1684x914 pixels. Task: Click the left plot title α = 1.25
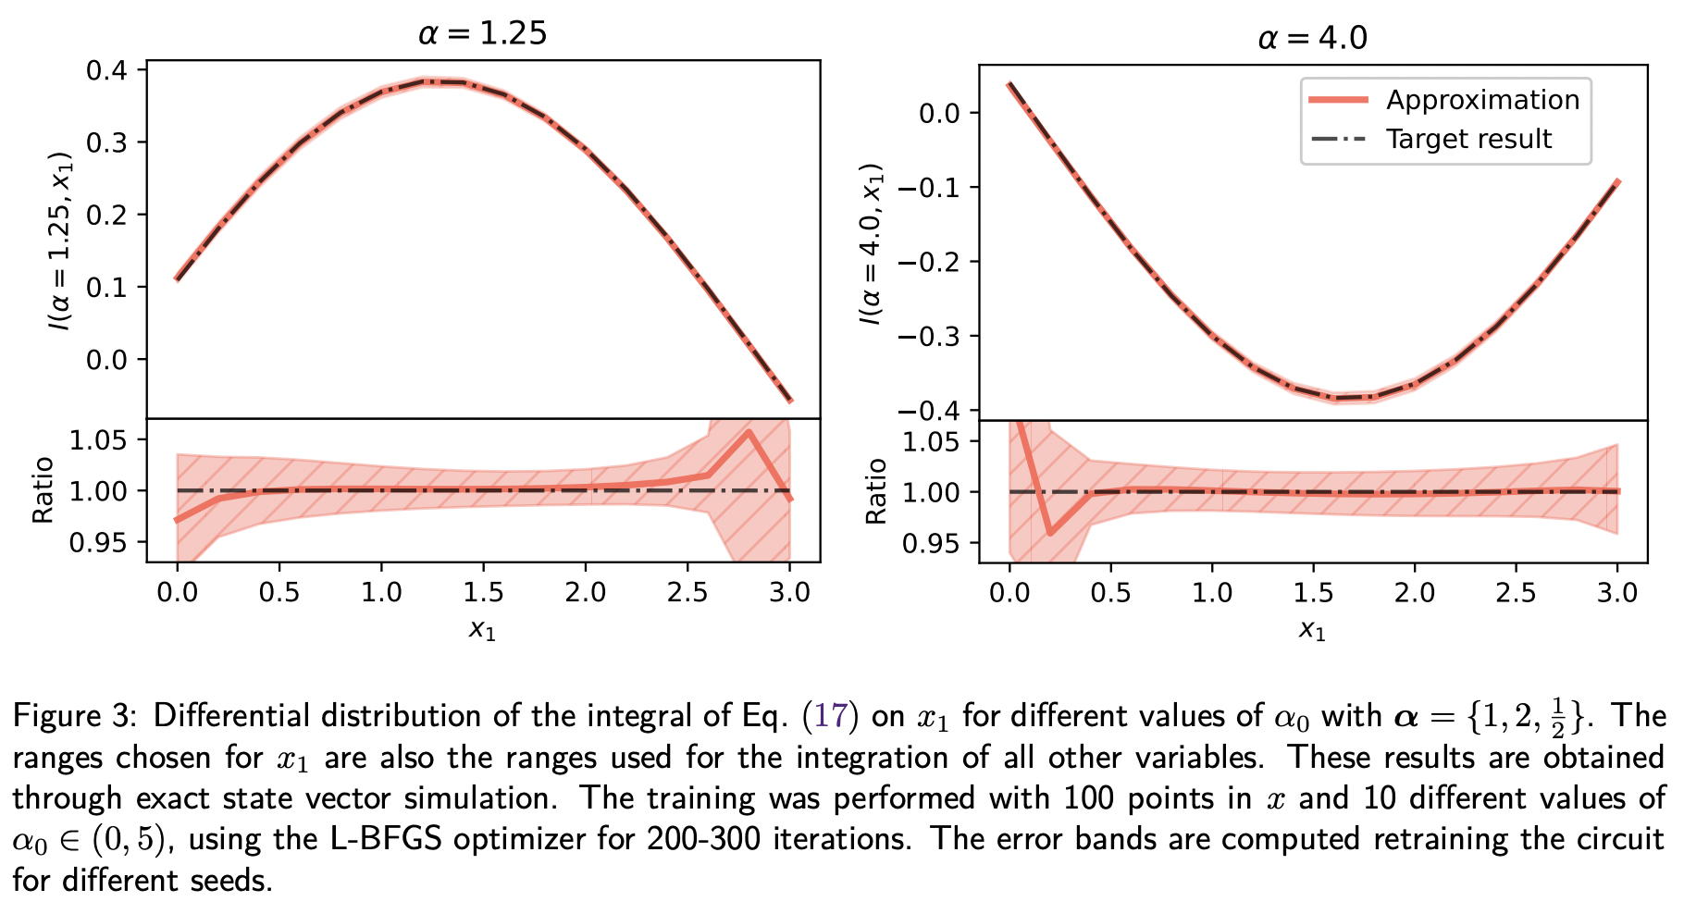click(x=482, y=34)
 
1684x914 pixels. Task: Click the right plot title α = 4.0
click(x=1312, y=38)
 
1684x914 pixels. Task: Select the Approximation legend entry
click(x=1482, y=100)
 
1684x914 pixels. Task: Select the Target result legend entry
click(x=1468, y=140)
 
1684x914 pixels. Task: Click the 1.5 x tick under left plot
click(x=483, y=592)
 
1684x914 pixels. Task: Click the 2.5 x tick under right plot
click(x=1516, y=593)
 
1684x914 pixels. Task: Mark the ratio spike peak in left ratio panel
click(x=748, y=431)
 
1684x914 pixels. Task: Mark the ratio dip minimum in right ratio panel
click(x=1050, y=533)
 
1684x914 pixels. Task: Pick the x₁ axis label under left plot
click(x=482, y=631)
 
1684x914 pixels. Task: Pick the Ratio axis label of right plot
click(x=875, y=491)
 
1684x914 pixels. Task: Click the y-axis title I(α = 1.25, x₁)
click(x=62, y=241)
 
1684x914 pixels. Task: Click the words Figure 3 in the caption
click(x=72, y=716)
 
